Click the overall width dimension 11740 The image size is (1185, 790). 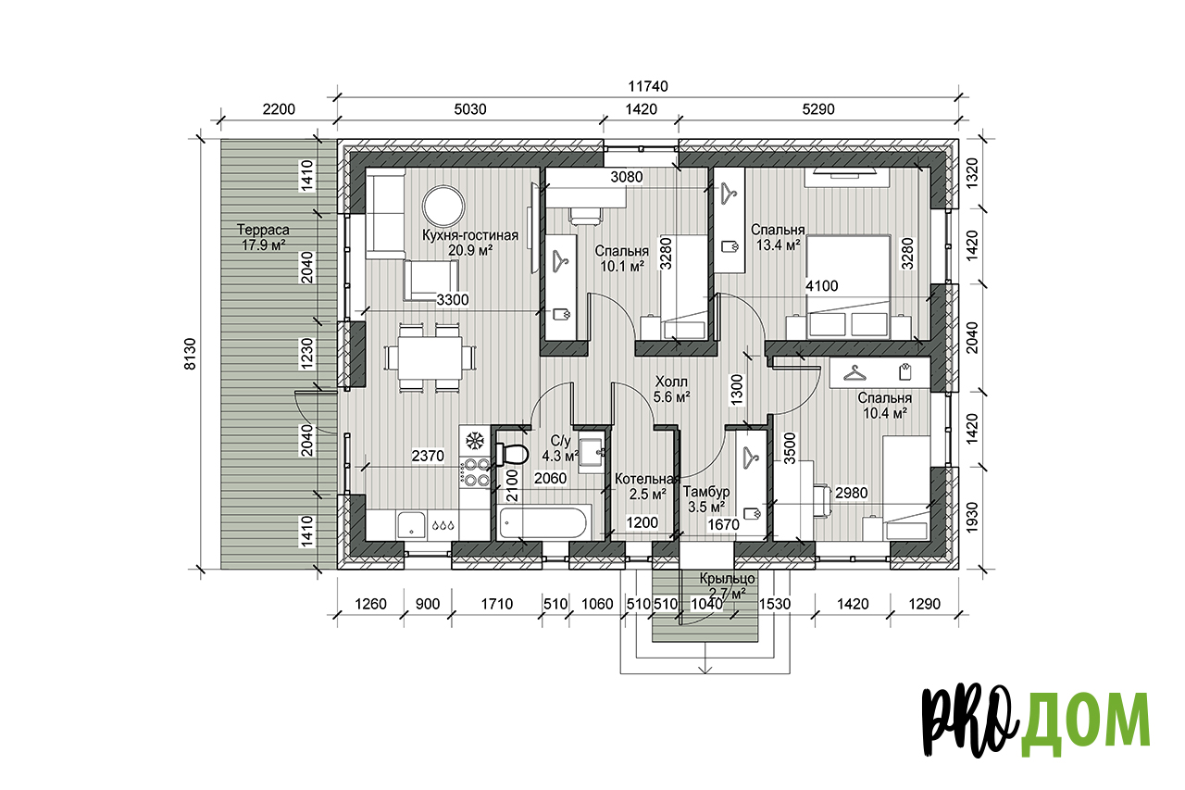point(647,86)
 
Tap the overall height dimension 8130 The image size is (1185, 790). point(190,354)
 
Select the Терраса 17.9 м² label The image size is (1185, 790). point(264,238)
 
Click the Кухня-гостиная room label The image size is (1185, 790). point(470,235)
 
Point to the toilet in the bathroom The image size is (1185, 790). point(512,454)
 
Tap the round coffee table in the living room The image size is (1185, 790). point(443,207)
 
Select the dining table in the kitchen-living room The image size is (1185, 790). point(430,357)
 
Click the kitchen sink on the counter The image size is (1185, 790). point(412,524)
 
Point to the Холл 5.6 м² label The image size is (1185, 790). point(671,389)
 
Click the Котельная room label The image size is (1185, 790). point(646,479)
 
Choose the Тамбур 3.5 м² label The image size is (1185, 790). point(706,499)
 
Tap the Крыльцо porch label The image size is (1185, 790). point(727,579)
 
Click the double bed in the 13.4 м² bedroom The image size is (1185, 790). point(848,287)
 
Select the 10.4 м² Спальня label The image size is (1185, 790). point(884,406)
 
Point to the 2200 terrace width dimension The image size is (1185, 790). point(279,109)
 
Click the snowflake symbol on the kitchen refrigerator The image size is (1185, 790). point(475,440)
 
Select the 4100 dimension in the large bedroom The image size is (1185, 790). point(821,286)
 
